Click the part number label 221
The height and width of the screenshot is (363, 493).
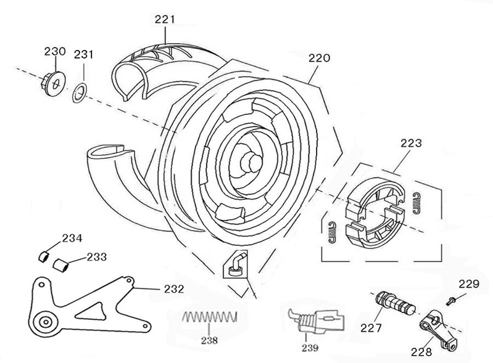(165, 20)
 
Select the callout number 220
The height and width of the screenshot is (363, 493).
(319, 59)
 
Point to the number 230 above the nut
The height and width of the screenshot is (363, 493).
(54, 51)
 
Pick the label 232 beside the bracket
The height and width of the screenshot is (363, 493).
(173, 288)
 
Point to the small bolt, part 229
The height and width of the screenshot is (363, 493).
(452, 300)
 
